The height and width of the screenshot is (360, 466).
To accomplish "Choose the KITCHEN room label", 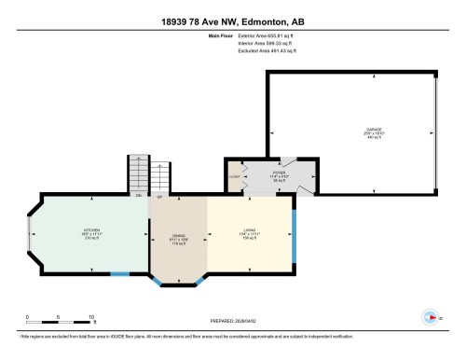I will (91, 233).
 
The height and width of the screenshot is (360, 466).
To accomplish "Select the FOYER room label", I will (279, 173).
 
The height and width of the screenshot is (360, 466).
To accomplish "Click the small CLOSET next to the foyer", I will (235, 174).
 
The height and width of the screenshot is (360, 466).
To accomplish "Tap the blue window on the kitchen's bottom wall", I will (118, 273).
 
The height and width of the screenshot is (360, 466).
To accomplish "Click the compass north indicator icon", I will (430, 317).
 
